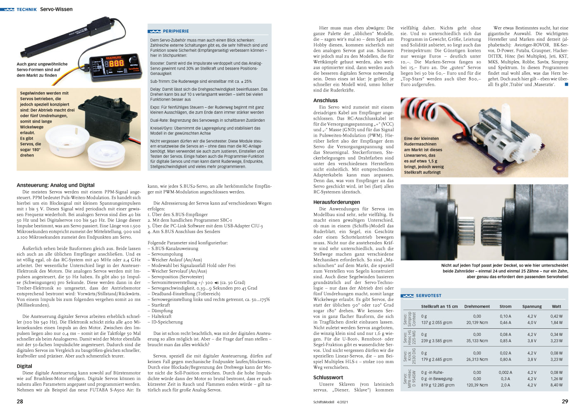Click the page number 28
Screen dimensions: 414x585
20,401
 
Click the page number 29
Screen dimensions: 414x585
565,401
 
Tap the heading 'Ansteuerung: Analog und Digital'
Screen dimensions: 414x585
55,185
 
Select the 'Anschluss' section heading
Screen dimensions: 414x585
325,100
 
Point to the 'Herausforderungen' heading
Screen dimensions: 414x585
336,202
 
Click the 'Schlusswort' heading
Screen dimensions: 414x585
328,377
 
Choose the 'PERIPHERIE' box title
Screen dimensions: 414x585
175,31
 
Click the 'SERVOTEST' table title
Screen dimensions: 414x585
428,296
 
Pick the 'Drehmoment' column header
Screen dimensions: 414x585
477,306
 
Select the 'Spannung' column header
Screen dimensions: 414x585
532,306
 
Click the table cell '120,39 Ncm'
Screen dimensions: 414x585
477,385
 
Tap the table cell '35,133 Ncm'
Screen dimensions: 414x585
477,341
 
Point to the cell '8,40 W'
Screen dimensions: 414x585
556,385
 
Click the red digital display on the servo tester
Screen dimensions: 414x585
116,63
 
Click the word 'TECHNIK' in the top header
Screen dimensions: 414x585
26,9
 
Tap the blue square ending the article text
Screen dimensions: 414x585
566,84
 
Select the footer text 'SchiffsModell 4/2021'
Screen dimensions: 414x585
331,402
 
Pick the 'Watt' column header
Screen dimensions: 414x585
556,306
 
